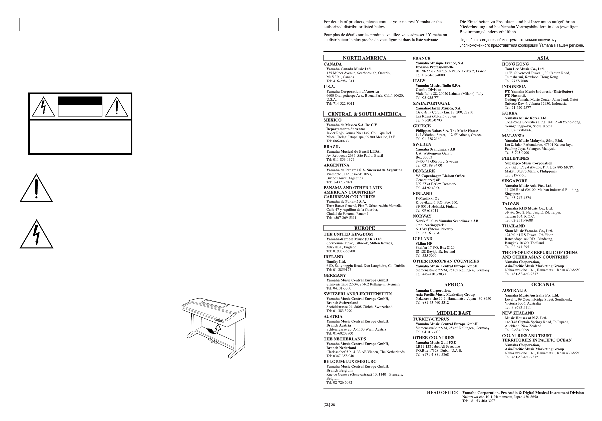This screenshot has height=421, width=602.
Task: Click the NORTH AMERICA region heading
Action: (x=364, y=58)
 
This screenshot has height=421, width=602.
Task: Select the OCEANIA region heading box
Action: (x=543, y=284)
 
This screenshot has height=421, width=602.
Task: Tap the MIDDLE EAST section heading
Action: (x=454, y=313)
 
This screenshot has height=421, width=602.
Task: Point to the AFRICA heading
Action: (x=454, y=284)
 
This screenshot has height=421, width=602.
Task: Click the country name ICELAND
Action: (x=422, y=239)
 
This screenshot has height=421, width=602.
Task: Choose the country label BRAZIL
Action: (x=331, y=147)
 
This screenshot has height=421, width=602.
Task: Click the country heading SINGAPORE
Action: (x=514, y=181)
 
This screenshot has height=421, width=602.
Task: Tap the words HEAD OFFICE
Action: (x=442, y=393)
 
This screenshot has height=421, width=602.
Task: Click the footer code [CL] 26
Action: (x=329, y=405)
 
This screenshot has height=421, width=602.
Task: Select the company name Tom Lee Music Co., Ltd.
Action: (x=524, y=69)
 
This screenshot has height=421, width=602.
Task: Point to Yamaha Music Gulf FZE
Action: (x=435, y=342)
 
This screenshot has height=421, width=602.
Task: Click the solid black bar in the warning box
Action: (x=80, y=101)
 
